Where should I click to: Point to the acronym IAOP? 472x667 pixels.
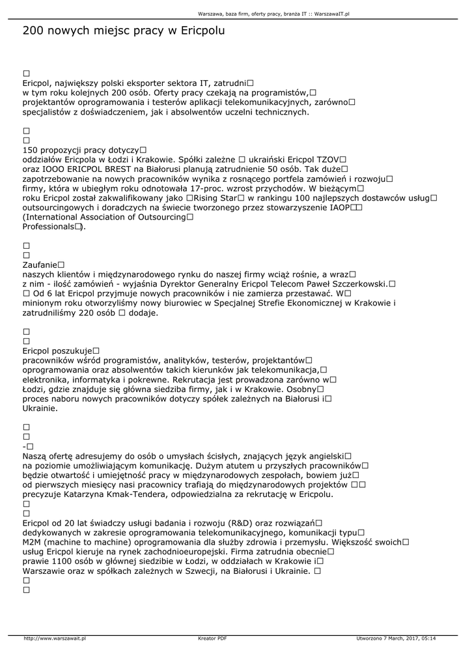[x=340, y=207]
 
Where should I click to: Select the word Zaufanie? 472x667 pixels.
[x=39, y=265]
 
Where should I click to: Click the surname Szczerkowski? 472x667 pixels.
[x=355, y=284]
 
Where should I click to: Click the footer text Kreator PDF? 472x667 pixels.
[x=212, y=638]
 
